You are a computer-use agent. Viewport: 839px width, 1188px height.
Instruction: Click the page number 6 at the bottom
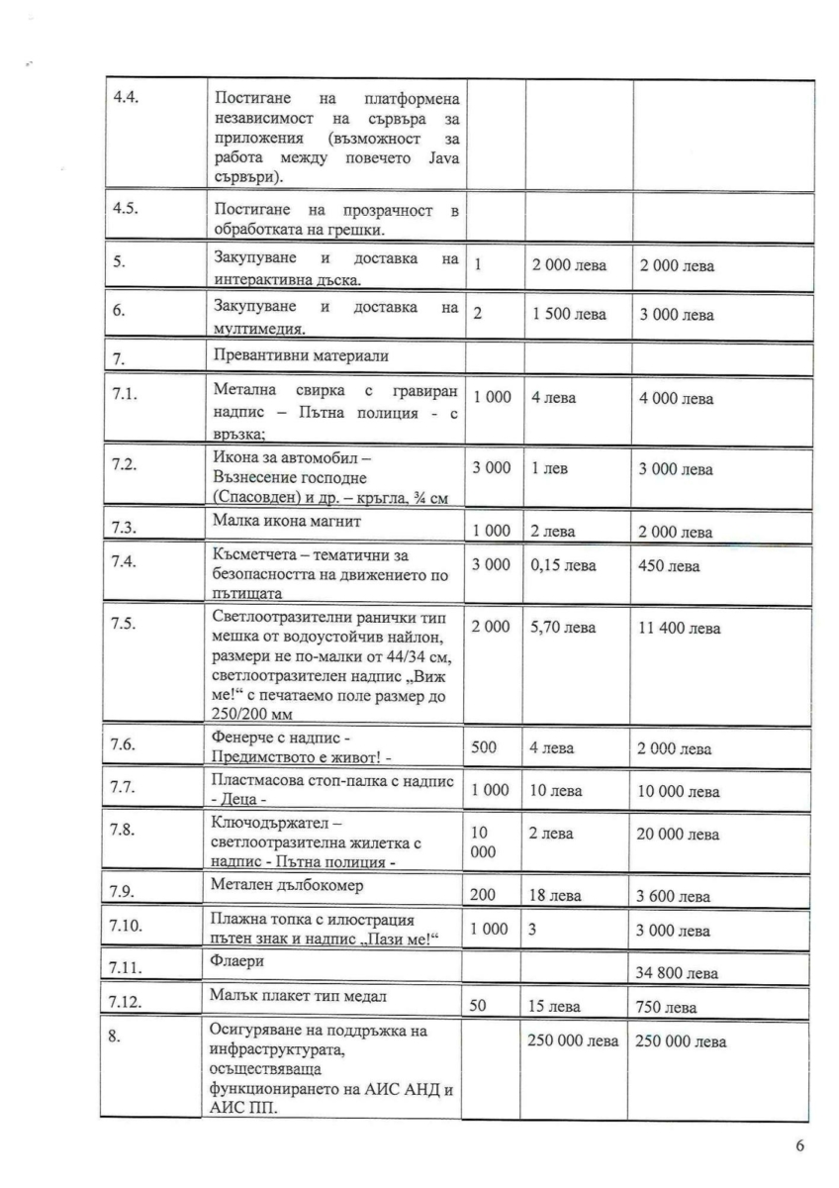(799, 1146)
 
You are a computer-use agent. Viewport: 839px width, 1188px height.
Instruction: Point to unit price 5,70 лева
(559, 629)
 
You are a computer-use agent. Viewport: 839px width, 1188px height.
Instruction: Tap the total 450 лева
(668, 567)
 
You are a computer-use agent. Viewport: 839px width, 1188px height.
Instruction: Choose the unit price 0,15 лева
(559, 567)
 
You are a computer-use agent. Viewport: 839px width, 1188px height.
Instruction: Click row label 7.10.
(130, 928)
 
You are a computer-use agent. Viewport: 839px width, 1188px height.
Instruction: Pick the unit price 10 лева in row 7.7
(556, 791)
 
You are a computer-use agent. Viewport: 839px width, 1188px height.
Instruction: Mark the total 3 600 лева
(674, 897)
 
